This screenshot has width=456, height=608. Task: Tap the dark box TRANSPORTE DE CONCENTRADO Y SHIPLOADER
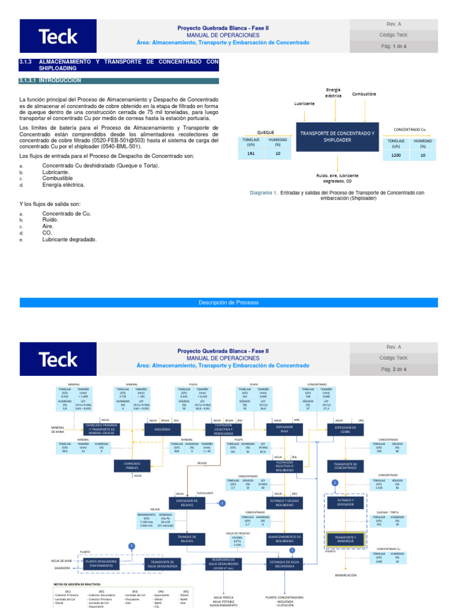(x=337, y=137)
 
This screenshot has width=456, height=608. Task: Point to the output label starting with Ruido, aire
(x=337, y=179)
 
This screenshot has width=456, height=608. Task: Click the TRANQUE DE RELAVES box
(x=186, y=539)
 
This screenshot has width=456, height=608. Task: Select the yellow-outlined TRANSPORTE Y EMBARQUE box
(x=345, y=539)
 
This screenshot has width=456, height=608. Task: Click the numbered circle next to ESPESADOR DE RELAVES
(x=222, y=503)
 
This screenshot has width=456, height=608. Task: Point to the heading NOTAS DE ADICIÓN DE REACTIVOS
(x=80, y=584)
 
